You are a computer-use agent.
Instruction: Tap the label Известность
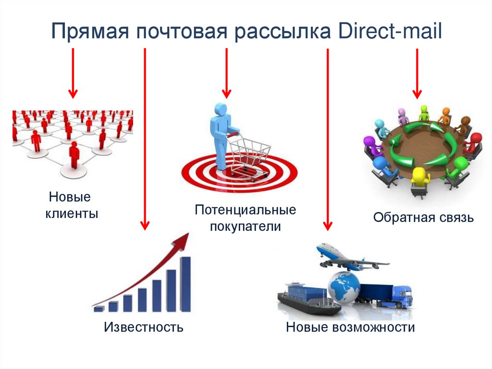point(144,328)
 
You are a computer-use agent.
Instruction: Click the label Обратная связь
point(423,218)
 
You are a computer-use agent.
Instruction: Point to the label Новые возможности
point(350,328)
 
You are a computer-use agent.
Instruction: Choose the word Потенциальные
point(245,210)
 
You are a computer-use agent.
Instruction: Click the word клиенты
point(72,213)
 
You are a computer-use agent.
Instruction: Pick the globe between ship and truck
point(344,286)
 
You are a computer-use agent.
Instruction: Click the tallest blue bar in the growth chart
point(185,284)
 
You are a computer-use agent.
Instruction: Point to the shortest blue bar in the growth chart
point(99,308)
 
